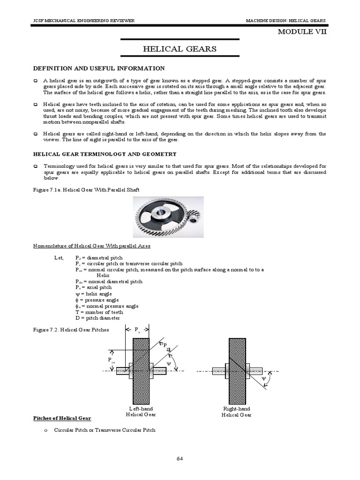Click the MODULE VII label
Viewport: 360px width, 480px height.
(302, 32)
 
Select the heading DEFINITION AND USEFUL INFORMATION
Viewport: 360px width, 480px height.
(98, 68)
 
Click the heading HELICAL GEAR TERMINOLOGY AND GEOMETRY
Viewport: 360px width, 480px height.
(104, 154)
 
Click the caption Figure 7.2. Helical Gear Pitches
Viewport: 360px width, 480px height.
(70, 330)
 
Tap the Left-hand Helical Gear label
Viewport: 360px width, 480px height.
(141, 412)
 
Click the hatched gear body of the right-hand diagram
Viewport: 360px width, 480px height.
(237, 370)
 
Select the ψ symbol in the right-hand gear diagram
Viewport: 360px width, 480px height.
(263, 378)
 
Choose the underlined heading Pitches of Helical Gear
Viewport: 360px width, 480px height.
(62, 418)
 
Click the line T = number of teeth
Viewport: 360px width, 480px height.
(99, 312)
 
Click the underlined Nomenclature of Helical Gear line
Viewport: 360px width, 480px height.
(91, 246)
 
